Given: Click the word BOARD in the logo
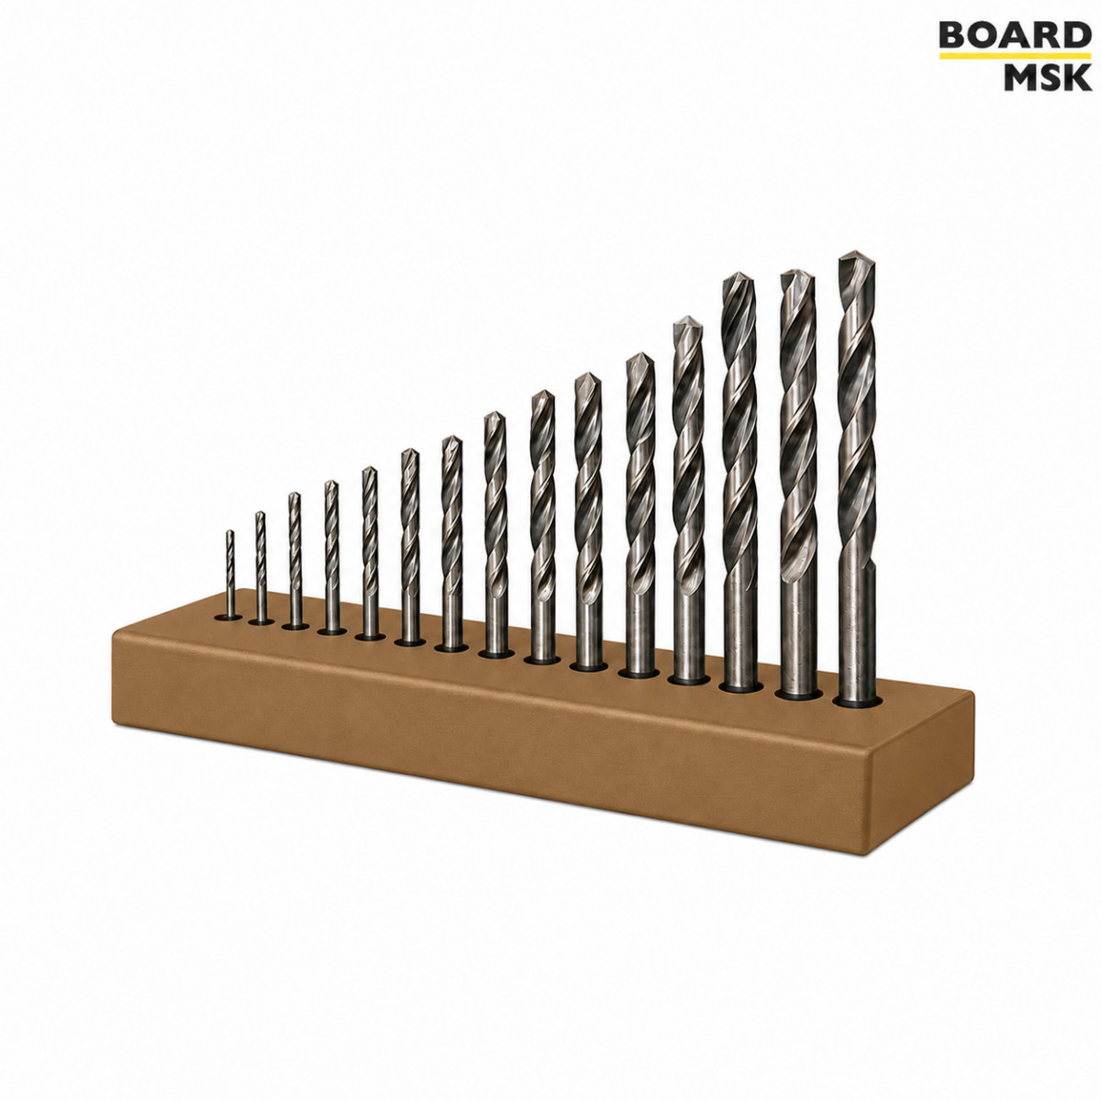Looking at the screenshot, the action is (1015, 35).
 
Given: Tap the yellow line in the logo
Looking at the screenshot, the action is (1015, 56).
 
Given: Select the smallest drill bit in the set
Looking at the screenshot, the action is (229, 573).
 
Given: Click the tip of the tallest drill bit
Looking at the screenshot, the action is (856, 251).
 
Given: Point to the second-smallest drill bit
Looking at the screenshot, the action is (261, 566).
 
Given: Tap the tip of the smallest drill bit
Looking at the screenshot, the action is (229, 530).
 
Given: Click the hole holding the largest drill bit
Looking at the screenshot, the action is (856, 700).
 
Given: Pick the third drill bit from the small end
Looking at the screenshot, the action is (295, 560).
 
